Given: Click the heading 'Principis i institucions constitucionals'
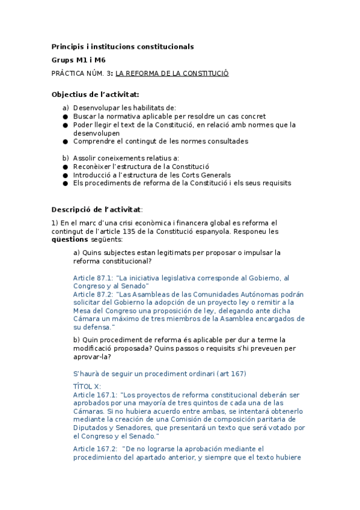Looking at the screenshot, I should (x=123, y=46).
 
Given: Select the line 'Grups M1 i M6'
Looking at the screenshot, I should (x=79, y=60).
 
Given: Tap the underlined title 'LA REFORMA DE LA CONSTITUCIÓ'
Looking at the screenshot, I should (x=172, y=73).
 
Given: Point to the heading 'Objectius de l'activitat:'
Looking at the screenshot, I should (x=96, y=94).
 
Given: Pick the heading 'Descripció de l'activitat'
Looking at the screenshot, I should (x=96, y=209).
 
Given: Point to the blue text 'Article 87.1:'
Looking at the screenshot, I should (x=93, y=278).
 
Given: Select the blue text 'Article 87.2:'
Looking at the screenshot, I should (x=93, y=295).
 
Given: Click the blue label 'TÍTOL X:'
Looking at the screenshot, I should (x=87, y=386).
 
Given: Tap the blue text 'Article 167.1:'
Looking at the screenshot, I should (x=95, y=395).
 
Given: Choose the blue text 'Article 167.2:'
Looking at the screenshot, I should (x=95, y=449).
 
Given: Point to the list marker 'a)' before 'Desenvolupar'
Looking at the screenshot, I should (x=66, y=108).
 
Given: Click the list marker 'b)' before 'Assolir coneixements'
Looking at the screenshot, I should (x=66, y=158).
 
